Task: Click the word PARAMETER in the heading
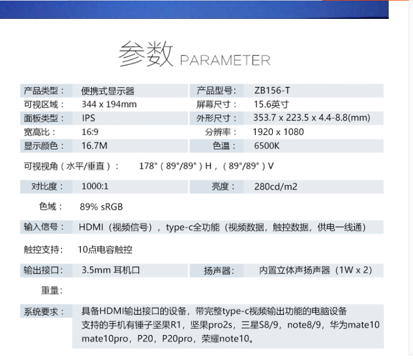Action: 225,60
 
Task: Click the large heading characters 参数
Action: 146,54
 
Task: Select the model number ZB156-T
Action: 272,91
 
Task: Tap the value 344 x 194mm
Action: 109,104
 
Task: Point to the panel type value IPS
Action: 89,118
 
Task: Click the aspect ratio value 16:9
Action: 90,132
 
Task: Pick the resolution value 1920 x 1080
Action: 279,132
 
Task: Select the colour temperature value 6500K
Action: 267,146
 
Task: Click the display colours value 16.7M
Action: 94,146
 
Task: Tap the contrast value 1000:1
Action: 95,186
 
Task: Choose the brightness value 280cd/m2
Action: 276,187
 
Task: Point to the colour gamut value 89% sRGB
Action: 101,207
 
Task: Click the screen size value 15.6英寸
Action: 271,104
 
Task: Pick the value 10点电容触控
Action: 105,249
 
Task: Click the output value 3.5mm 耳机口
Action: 111,270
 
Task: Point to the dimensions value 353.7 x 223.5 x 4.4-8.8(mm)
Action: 312,118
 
